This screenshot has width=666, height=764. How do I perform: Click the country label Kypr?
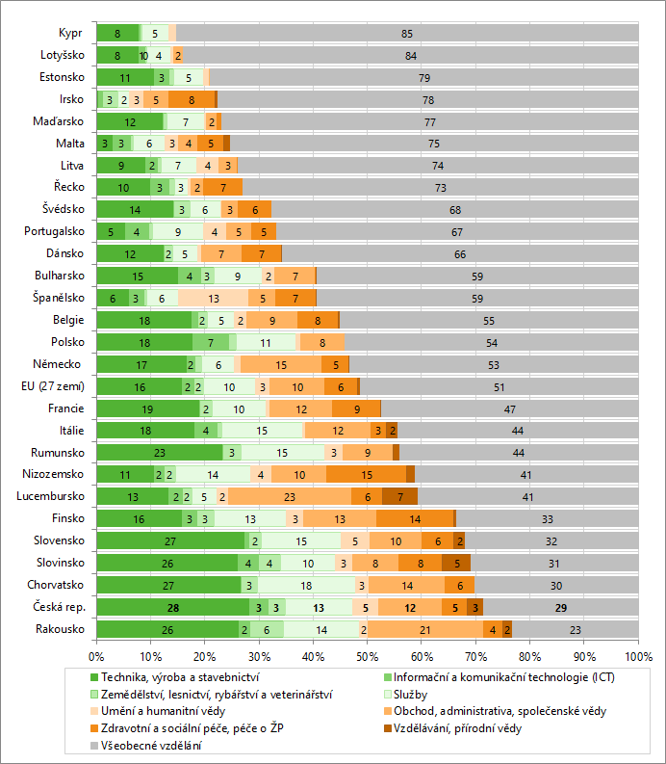point(70,33)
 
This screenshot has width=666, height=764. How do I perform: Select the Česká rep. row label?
point(60,607)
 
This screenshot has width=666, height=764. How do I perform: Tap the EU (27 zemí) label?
point(52,386)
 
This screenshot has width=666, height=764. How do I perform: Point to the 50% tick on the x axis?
point(367,655)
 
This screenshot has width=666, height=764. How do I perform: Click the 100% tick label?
point(637,655)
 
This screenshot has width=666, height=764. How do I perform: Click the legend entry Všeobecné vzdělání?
point(154,745)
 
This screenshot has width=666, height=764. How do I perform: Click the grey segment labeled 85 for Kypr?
point(407,33)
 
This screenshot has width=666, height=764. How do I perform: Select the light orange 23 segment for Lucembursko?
point(290,496)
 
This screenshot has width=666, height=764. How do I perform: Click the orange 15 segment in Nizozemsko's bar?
point(368,474)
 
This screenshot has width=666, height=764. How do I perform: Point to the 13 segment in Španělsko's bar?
point(213,298)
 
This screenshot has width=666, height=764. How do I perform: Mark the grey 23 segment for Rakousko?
point(576,629)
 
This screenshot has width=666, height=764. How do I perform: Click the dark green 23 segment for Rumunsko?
point(159,452)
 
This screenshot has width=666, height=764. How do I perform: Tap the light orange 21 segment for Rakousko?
point(424,629)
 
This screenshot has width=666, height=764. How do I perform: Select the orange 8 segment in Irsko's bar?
point(192,99)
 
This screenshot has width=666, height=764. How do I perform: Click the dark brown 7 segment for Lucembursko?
point(399,496)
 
